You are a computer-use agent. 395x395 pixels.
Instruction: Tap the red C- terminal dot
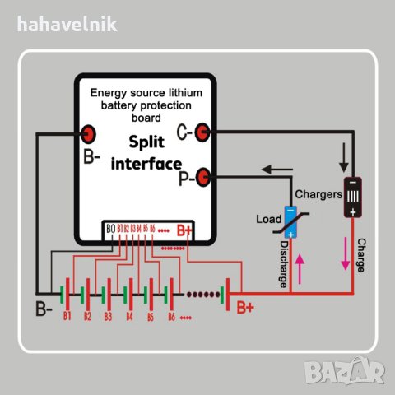coord(206,131)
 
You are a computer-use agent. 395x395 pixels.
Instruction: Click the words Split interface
coord(146,152)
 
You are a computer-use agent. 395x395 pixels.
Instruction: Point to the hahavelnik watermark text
coord(67,23)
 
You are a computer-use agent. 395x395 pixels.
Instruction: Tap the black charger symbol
coord(352,196)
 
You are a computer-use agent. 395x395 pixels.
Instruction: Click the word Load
coord(269,220)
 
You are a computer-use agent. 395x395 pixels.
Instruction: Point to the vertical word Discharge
coord(283,263)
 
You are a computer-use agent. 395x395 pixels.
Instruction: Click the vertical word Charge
coord(360,255)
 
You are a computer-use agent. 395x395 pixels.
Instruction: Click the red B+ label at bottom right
coord(245,309)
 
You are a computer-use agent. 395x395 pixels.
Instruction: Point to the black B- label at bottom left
coord(44,310)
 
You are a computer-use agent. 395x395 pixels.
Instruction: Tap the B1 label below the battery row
coord(67,316)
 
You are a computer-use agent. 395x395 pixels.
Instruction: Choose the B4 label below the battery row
coord(129,316)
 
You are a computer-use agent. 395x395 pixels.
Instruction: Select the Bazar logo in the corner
coord(357,375)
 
